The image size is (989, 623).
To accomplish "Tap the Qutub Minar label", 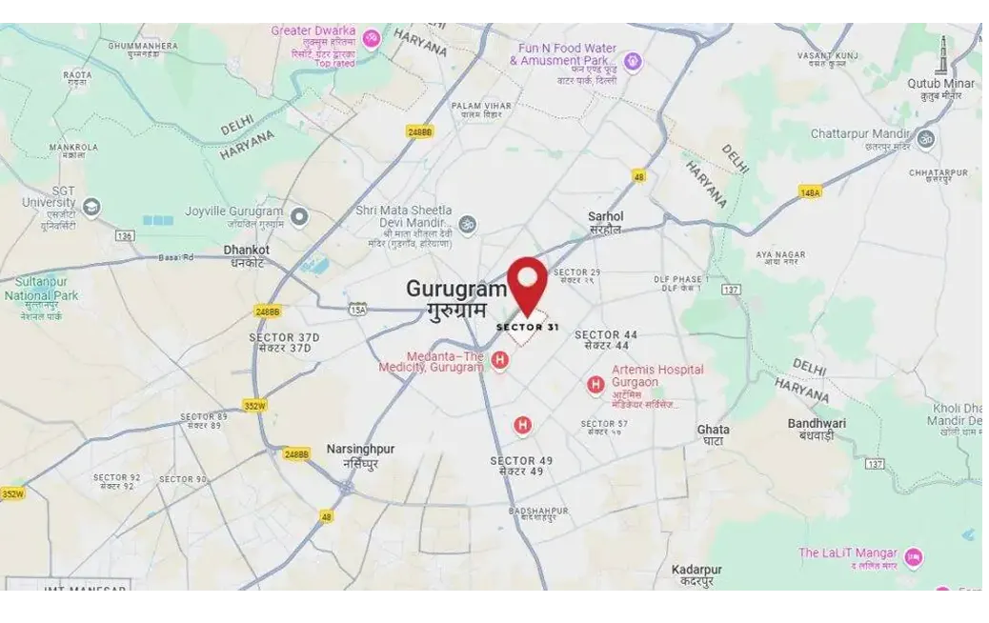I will point(940,84).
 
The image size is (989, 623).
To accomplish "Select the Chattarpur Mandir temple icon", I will point(925,139).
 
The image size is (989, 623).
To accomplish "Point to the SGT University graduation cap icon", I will point(91,208).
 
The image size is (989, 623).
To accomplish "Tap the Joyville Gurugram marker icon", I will point(299,217).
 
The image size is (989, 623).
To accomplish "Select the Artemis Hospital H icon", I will point(595,385).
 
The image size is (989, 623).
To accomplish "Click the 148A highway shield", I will point(810,192).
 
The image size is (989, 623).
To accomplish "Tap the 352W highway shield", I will point(254,405).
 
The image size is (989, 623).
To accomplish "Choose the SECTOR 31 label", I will point(527,328).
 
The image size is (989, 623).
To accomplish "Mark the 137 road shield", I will point(731,289).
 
